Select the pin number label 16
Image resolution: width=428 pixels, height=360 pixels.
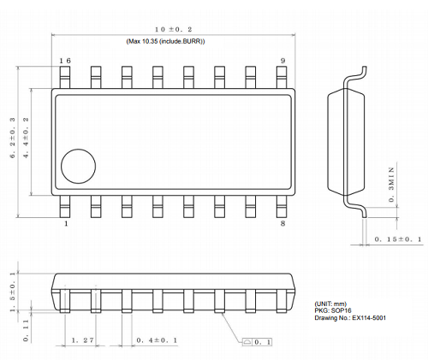(x=65, y=62)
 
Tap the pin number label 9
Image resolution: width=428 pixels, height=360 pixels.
(x=282, y=62)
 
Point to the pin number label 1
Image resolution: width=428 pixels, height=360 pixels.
(x=66, y=224)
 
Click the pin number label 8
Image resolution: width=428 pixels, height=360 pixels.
(x=282, y=224)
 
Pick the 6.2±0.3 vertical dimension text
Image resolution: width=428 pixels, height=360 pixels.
(x=13, y=138)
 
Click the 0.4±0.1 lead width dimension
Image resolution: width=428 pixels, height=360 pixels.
(x=157, y=339)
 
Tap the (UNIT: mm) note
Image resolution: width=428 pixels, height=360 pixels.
(x=331, y=303)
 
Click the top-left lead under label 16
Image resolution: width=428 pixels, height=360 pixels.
(x=65, y=78)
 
